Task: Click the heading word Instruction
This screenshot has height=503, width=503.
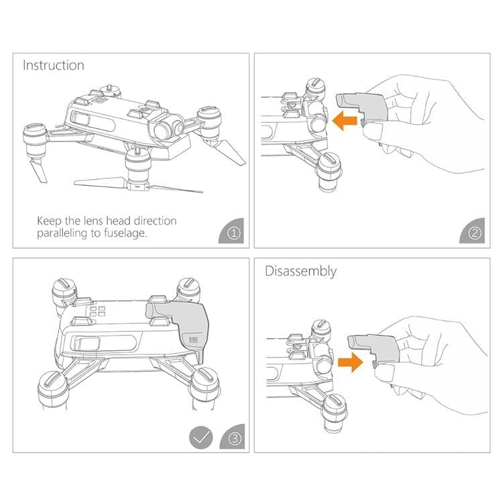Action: coord(54,65)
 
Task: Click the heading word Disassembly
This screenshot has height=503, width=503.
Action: coord(301,271)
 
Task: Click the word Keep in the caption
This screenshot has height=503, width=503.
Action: coord(50,221)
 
